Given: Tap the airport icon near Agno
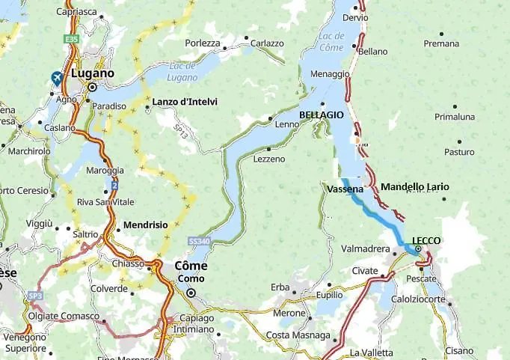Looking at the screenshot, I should [x=57, y=78].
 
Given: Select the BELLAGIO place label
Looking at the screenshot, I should [x=321, y=115].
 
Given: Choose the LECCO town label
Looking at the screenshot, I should [x=426, y=240].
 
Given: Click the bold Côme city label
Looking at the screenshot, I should [x=191, y=266].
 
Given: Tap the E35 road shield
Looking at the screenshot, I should [x=71, y=37].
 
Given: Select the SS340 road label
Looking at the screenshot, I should [x=198, y=242].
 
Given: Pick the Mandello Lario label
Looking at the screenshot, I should [x=415, y=186].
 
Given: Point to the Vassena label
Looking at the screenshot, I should [x=345, y=189].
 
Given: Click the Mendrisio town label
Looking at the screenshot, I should [x=145, y=225].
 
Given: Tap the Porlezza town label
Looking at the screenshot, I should [x=203, y=43].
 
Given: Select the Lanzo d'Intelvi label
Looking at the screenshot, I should [x=185, y=101].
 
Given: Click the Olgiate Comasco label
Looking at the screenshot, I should [x=64, y=316].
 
